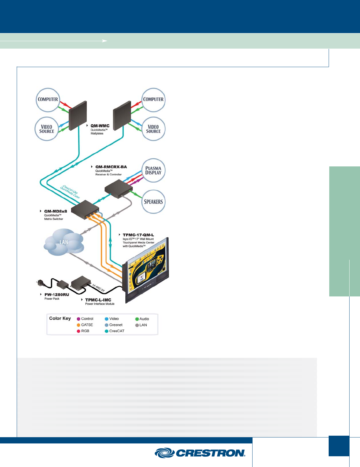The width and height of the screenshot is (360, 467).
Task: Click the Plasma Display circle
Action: (153, 171)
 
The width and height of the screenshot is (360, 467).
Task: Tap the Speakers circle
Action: (153, 202)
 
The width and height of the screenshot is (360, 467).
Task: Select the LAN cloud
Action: (64, 242)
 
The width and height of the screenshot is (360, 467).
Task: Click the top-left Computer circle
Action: (48, 99)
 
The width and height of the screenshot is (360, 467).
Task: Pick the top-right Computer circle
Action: (153, 99)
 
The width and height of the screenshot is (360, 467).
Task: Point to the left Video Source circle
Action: (47, 129)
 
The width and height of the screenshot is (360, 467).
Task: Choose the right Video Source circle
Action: (153, 129)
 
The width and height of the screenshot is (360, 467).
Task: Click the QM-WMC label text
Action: (100, 126)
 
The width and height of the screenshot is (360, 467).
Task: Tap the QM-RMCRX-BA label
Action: (111, 167)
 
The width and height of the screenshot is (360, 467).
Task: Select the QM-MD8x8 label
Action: (56, 211)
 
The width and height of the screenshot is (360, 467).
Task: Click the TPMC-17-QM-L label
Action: (138, 235)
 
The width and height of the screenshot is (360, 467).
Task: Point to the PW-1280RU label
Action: (56, 295)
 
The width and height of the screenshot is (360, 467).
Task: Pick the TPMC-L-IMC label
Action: (98, 300)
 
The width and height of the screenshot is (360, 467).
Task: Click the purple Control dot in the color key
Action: (79, 319)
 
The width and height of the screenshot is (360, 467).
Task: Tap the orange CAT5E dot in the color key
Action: (79, 325)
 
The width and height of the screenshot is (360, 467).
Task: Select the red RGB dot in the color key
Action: (79, 331)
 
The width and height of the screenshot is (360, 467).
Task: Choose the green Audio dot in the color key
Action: (137, 319)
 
